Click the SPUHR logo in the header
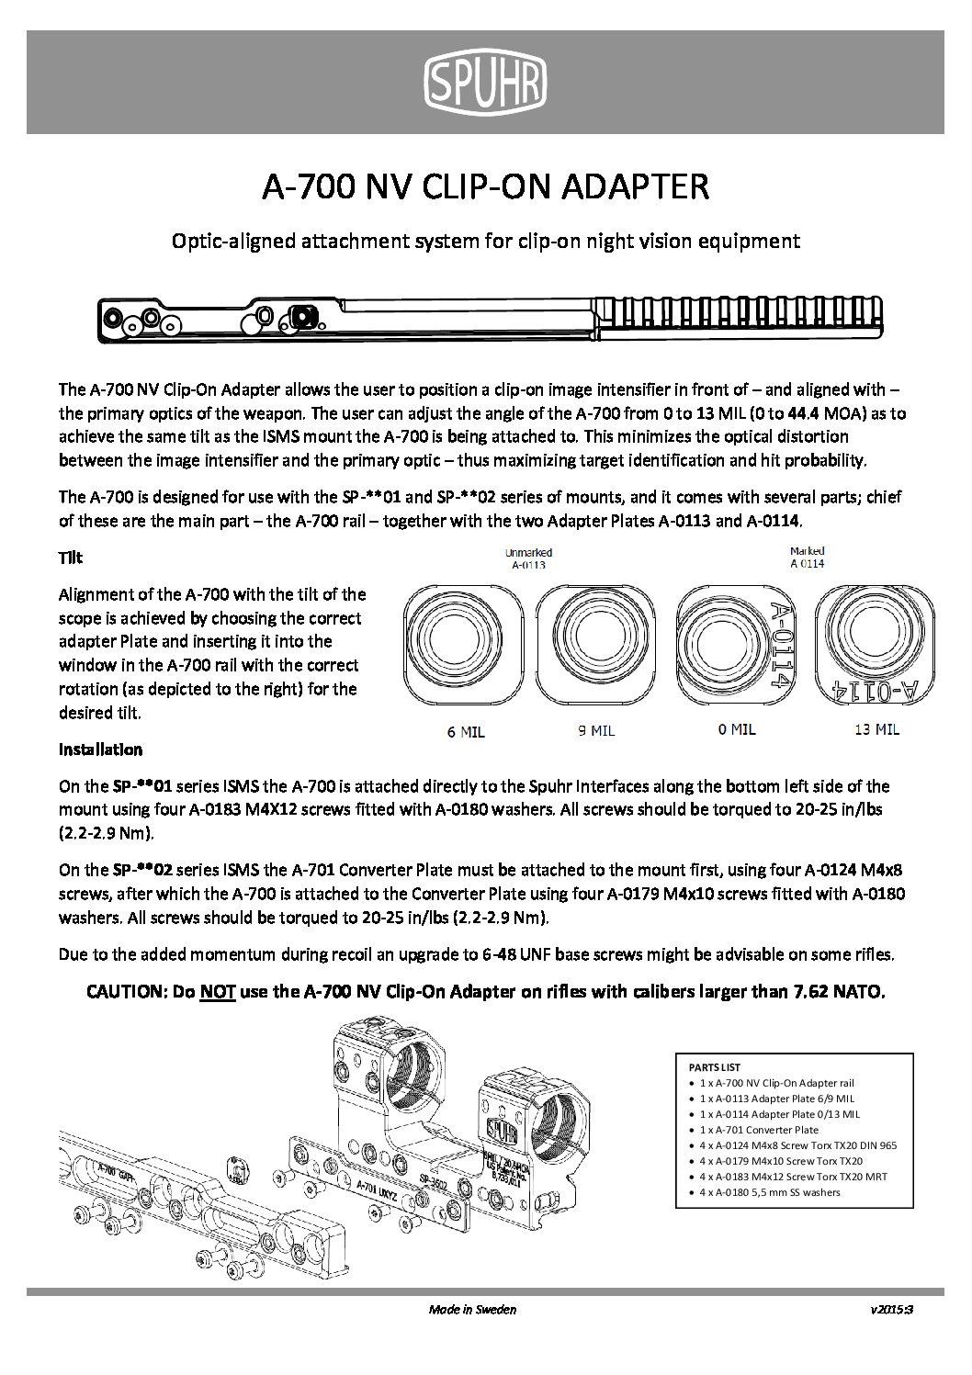click(485, 80)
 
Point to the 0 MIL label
click(736, 729)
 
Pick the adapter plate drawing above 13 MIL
click(876, 644)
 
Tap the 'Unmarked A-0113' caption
click(529, 559)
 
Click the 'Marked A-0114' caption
click(807, 558)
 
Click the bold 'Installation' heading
click(100, 749)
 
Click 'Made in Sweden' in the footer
click(472, 1309)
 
